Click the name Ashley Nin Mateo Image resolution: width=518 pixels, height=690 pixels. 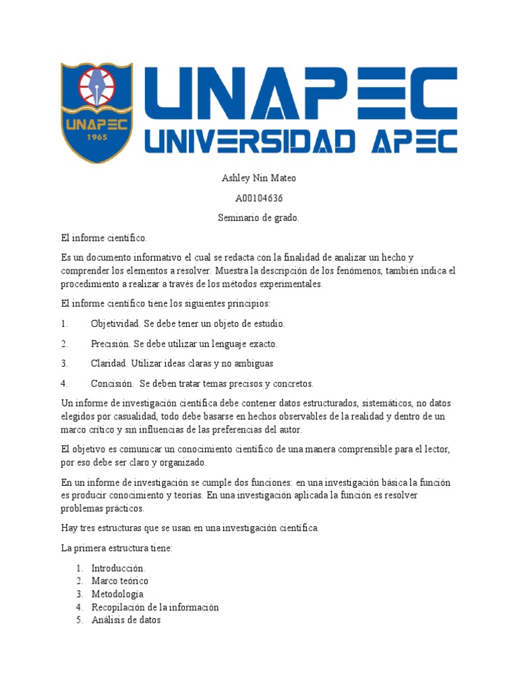259,179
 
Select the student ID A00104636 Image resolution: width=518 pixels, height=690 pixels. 259,198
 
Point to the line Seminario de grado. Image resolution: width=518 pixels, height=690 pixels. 259,218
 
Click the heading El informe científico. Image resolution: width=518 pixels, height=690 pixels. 103,238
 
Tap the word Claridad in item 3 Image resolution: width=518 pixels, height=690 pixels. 109,363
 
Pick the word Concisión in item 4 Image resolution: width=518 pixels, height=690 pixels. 111,383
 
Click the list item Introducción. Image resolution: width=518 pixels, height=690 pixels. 118,568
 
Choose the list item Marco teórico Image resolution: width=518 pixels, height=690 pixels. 119,581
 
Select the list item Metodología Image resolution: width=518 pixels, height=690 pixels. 117,594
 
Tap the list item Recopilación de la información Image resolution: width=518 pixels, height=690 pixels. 155,607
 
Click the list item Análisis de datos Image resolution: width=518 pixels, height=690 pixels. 126,620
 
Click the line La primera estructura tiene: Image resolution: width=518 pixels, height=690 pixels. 117,548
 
